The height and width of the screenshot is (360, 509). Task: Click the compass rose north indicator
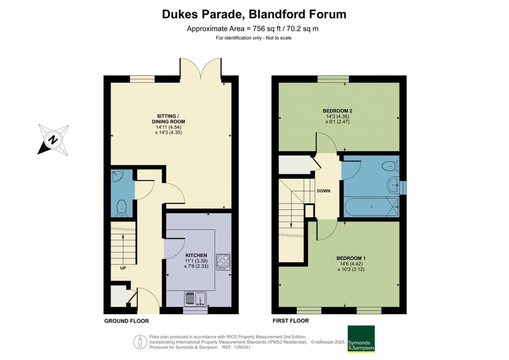pyautogui.click(x=53, y=140)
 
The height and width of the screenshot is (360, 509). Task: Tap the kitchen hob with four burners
pyautogui.click(x=223, y=262)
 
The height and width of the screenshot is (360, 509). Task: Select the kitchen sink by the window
pyautogui.click(x=195, y=299)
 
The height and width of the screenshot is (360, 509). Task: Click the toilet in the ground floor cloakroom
pyautogui.click(x=122, y=208)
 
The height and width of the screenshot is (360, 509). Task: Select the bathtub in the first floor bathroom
pyautogui.click(x=371, y=206)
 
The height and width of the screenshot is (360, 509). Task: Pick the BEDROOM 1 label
pyautogui.click(x=351, y=259)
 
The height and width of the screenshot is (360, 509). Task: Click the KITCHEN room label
pyautogui.click(x=196, y=256)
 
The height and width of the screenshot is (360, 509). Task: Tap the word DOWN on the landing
pyautogui.click(x=324, y=191)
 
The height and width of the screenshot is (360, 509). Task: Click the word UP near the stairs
pyautogui.click(x=123, y=268)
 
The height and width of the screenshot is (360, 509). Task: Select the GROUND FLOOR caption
pyautogui.click(x=127, y=321)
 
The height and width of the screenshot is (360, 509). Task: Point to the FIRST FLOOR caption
pyautogui.click(x=290, y=321)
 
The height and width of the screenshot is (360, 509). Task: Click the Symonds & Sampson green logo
pyautogui.click(x=361, y=339)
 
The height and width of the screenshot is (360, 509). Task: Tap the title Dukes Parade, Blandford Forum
pyautogui.click(x=254, y=14)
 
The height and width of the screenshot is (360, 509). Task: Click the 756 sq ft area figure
pyautogui.click(x=264, y=28)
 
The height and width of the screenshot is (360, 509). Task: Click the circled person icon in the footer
pyautogui.click(x=140, y=342)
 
